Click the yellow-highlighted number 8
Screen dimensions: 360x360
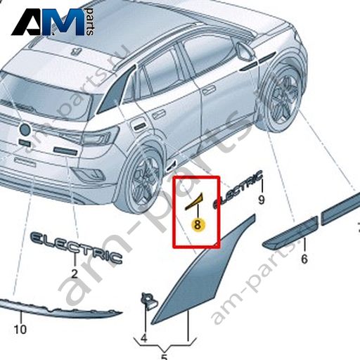198,225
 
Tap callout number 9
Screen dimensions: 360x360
261,200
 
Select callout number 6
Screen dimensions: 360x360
304,259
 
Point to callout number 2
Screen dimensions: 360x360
75,274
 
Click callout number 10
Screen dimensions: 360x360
20,329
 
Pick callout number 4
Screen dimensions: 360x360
144,338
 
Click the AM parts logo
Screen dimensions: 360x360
53,22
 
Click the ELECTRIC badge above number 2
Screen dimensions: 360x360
77,247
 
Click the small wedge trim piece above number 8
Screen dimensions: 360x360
194,201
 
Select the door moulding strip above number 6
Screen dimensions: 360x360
290,231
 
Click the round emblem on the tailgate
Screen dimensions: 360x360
25,129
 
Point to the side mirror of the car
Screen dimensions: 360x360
245,51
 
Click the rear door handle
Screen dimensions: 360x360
157,115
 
